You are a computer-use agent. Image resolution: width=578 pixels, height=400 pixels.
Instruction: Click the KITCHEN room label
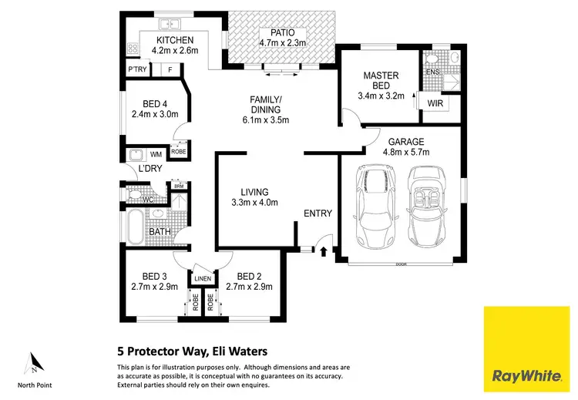175,40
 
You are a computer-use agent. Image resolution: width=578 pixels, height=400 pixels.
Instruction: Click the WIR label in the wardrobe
434,102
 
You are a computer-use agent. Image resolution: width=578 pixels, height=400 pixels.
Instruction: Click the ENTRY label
318,213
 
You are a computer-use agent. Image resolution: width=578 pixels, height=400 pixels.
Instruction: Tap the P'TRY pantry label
138,70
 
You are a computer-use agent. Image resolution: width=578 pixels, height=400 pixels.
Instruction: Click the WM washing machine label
156,155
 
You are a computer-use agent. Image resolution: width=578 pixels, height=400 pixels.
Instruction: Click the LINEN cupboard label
203,278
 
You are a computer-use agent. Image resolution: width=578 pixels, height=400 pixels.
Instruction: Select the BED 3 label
154,277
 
